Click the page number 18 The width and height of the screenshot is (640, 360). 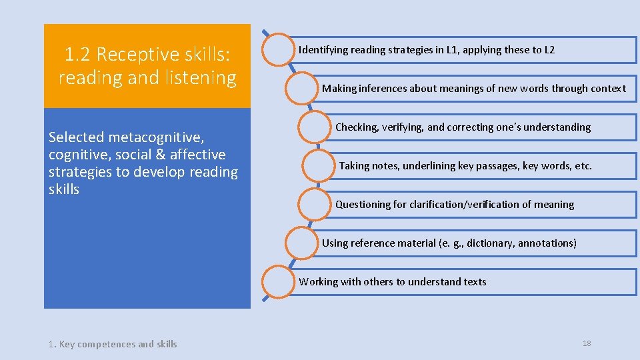click(587, 343)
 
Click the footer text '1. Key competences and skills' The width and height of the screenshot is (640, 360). click(113, 344)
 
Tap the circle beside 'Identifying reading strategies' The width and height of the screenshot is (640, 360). click(280, 49)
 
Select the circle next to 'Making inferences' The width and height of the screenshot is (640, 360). click(302, 88)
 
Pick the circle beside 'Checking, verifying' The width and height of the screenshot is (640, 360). click(315, 127)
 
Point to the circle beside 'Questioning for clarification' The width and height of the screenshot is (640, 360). click(315, 204)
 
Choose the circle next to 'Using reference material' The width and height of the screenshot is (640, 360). click(302, 243)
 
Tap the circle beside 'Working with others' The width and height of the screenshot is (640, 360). click(280, 281)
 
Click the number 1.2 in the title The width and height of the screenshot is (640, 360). click(77, 54)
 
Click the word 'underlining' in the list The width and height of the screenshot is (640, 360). click(427, 166)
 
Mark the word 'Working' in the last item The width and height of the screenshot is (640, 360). click(319, 282)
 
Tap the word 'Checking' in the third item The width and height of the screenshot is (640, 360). click(357, 127)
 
